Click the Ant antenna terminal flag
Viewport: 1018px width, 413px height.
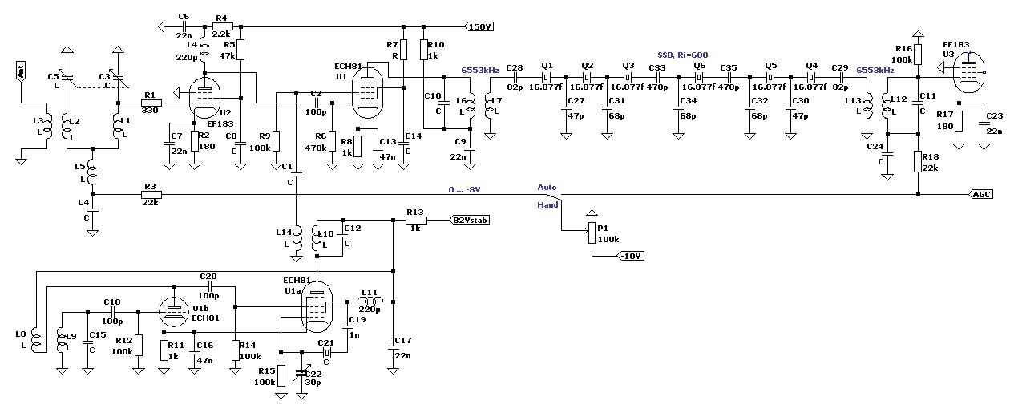21,71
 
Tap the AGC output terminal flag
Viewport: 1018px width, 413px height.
981,195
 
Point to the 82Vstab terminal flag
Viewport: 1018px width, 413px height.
470,221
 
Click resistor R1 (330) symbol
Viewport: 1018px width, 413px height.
150,103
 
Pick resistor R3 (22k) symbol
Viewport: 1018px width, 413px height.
150,195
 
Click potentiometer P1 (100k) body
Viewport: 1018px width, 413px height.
592,233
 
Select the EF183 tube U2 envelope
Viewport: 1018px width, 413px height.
204,97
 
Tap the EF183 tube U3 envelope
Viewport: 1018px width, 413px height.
968,72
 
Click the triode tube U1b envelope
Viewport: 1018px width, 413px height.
174,312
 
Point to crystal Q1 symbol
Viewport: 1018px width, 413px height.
546,77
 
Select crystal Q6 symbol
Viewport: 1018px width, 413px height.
698,77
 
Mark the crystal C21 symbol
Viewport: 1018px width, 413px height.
326,352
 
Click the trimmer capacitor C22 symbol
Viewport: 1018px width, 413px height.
301,373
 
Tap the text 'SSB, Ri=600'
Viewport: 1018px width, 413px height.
683,55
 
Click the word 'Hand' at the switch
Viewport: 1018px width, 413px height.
547,205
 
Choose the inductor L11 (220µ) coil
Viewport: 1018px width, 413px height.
370,301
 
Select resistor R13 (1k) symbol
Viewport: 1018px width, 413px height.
416,221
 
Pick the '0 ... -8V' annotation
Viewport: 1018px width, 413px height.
464,190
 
